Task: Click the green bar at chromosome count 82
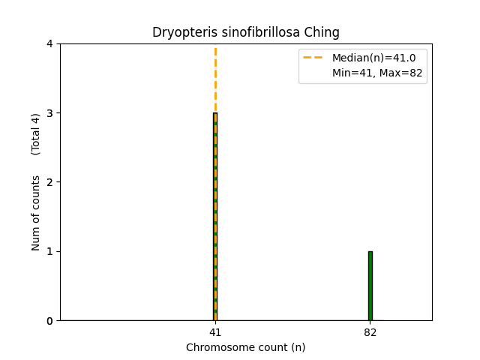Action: [370, 286]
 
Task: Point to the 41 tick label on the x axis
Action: [215, 332]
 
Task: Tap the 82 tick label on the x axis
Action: [370, 332]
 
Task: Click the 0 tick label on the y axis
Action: [49, 321]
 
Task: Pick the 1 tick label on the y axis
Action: [49, 251]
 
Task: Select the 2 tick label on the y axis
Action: [49, 182]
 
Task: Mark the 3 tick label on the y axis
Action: [49, 113]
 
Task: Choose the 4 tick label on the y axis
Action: [49, 44]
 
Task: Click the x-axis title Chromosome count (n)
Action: [246, 347]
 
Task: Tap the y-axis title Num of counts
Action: [36, 213]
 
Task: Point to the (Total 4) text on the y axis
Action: [36, 134]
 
